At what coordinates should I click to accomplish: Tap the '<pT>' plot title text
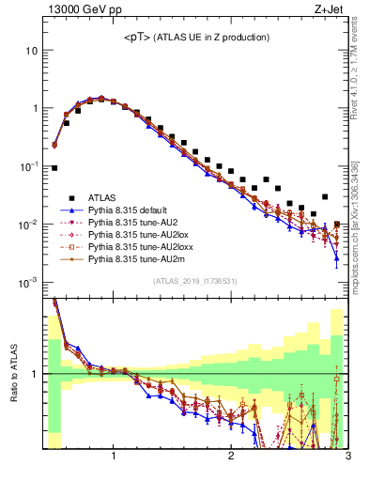(x=196, y=37)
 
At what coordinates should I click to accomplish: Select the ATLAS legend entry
(x=103, y=198)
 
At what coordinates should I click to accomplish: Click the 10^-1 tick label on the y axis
(x=28, y=166)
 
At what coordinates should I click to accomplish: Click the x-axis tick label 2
(x=231, y=458)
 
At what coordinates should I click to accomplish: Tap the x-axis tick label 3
(x=347, y=458)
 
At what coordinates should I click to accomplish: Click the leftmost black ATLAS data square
(x=54, y=168)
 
